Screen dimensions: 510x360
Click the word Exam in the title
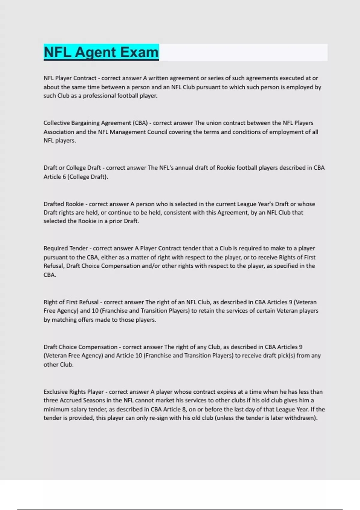tap(140, 52)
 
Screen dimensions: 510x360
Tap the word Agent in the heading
tap(96, 52)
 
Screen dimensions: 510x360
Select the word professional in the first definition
tap(100, 96)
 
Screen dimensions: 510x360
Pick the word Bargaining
tap(85, 123)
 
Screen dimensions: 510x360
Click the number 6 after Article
tap(64, 177)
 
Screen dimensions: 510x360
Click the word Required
tap(55, 248)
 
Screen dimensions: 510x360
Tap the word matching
tap(64, 320)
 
